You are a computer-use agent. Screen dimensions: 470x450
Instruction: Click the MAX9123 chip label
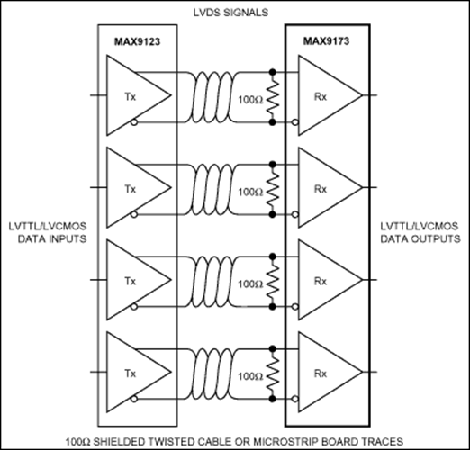(137, 41)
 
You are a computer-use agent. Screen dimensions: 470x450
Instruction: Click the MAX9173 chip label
(326, 40)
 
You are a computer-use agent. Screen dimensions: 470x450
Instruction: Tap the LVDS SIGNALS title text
(230, 13)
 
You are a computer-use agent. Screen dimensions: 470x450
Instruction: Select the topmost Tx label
(131, 97)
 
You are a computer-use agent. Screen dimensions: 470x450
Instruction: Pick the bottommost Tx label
(131, 373)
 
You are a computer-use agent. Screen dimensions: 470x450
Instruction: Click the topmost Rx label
(321, 97)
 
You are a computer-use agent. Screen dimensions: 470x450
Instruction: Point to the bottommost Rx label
(321, 373)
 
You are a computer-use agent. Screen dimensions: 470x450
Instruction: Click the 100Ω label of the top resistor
(250, 100)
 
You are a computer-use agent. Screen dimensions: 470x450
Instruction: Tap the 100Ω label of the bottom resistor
(250, 376)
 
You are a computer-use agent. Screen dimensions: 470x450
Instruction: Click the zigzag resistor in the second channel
(273, 190)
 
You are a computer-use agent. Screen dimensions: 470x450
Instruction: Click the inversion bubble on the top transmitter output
(134, 122)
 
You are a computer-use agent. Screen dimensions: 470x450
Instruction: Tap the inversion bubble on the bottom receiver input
(295, 399)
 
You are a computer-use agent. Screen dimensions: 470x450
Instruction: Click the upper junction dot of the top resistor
(273, 72)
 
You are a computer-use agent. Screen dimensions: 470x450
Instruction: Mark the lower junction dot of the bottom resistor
(273, 399)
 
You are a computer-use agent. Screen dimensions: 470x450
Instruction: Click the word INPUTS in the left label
(67, 239)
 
